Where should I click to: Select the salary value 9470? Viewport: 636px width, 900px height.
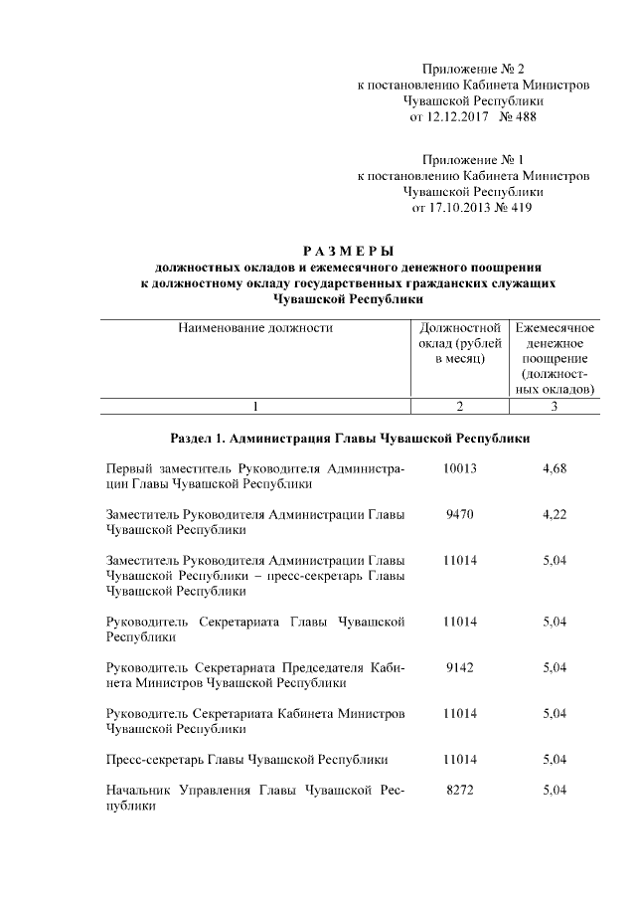point(460,514)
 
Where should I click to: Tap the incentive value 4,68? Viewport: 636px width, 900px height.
point(555,468)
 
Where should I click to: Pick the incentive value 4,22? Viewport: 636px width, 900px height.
point(555,514)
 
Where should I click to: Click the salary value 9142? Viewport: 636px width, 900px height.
point(460,667)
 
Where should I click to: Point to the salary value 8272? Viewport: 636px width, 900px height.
point(460,790)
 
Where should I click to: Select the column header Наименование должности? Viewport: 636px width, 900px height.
point(254,327)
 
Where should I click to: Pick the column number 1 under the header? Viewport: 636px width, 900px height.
point(255,405)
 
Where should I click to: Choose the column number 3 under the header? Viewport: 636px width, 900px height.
point(555,405)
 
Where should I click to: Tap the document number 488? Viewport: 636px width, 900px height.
point(525,117)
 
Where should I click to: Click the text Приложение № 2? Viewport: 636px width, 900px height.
point(473,68)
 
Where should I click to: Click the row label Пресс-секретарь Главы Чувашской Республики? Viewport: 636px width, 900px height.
point(246,760)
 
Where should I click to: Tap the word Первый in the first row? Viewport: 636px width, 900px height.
point(131,468)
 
